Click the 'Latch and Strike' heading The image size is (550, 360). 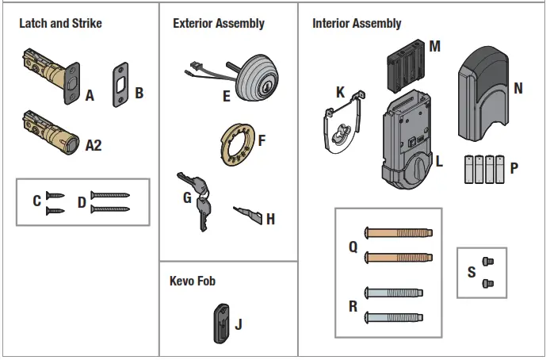[60, 24]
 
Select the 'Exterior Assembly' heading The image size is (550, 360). [218, 24]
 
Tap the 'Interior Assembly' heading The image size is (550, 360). [357, 24]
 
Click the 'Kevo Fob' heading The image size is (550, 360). [193, 281]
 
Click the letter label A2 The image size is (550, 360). [93, 145]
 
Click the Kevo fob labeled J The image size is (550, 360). [220, 322]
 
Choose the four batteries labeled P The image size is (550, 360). [483, 169]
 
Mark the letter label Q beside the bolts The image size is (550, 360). [353, 247]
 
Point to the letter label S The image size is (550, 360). [472, 272]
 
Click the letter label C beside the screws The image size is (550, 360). [36, 201]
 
